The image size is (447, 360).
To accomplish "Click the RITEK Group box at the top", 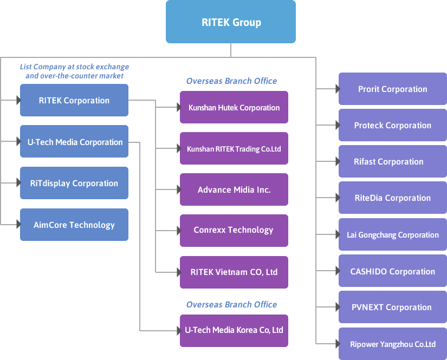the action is point(231,22).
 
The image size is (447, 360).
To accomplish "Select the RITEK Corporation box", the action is point(74,100).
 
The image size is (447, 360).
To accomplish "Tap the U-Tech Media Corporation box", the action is point(74,141).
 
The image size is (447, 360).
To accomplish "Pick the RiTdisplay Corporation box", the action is point(74,183).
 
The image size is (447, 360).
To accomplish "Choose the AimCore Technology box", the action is point(74,225).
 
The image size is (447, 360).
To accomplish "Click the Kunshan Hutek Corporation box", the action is point(234,107).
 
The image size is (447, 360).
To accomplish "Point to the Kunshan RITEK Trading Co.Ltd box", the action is point(234,148).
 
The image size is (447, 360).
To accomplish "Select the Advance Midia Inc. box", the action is point(234,189).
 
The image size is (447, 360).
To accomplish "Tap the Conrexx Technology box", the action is point(234,231).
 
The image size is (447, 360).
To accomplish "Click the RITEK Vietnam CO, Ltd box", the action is point(234,272).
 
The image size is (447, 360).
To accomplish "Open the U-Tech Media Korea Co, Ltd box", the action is point(234,331).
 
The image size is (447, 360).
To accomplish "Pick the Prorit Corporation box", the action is point(393,89).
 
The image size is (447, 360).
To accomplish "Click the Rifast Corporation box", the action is point(393,161).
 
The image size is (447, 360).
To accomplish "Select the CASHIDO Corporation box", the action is point(393,271).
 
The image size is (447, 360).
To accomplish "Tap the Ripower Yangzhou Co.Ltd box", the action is point(393,344).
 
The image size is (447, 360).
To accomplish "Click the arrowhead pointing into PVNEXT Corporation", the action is point(338,307).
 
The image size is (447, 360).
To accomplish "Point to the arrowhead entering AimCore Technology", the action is point(19,225).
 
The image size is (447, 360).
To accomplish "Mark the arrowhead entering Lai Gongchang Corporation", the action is point(338,234).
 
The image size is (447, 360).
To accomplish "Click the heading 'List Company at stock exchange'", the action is point(74,67).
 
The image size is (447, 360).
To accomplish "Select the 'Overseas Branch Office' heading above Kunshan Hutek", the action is point(231,81).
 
